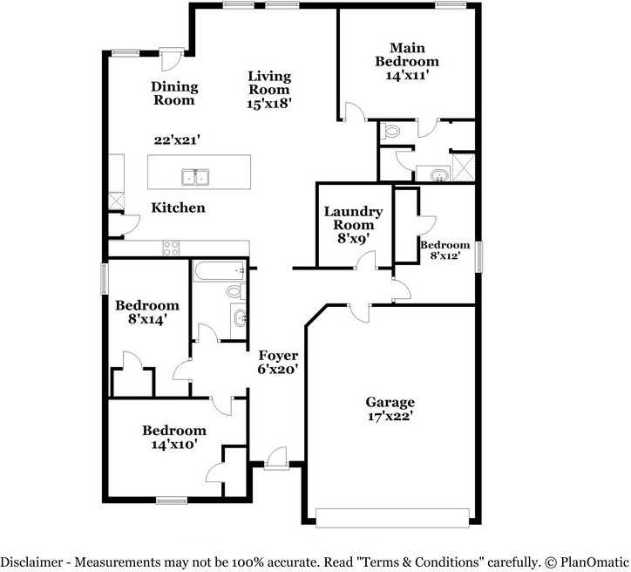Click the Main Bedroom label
coord(407,55)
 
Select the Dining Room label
coord(174,93)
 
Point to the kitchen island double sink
coord(196,177)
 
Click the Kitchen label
coord(179,208)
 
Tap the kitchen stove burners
coord(170,248)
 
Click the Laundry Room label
coord(353,218)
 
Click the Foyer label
coord(278,356)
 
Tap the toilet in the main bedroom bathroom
coord(390,132)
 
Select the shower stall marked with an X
coord(464,166)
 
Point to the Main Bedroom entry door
coord(356,112)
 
